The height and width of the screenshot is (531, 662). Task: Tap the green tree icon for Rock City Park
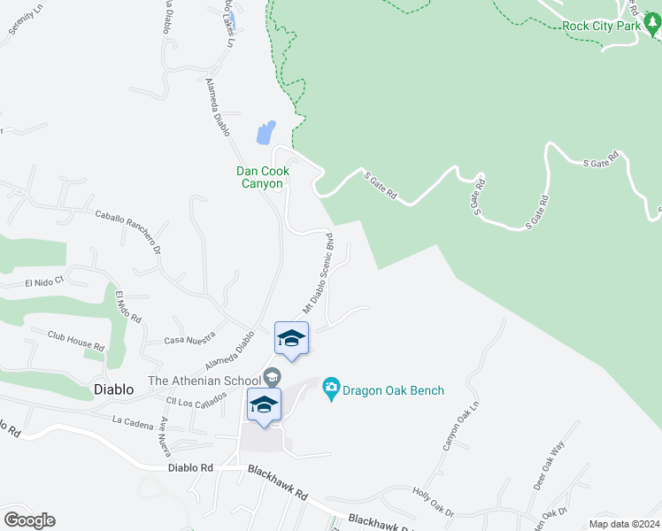click(653, 26)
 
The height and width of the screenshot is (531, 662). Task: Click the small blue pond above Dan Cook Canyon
click(266, 133)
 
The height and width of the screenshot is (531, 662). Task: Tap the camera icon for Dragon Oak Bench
click(332, 389)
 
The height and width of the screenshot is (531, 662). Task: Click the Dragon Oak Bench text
click(395, 390)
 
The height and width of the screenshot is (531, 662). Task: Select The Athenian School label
click(203, 381)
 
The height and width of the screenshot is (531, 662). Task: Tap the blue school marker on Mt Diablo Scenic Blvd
click(291, 337)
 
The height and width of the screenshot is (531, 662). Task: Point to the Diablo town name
click(114, 389)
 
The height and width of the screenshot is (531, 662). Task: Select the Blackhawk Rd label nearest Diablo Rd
click(276, 484)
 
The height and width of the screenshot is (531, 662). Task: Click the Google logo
click(29, 520)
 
